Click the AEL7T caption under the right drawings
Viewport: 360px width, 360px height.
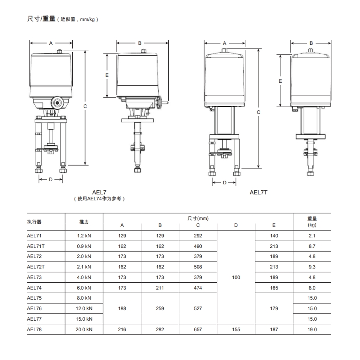tap(258, 193)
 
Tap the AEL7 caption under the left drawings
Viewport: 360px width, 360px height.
tap(99, 193)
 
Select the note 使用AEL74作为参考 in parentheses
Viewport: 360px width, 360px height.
tap(99, 199)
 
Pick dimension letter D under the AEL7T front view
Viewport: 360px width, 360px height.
tap(224, 183)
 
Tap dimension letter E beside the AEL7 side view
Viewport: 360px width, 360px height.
tap(106, 75)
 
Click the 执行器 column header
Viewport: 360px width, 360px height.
tap(34, 222)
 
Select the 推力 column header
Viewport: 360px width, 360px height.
tap(84, 222)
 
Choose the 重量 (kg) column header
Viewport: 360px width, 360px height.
tap(312, 222)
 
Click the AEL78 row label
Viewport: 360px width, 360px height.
tap(34, 329)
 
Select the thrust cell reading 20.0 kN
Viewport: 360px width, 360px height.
tap(84, 329)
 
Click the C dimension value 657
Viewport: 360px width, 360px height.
tap(198, 329)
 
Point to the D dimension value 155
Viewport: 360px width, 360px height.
tap(236, 329)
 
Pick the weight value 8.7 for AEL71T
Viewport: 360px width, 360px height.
tap(312, 246)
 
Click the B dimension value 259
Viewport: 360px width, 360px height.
tap(160, 309)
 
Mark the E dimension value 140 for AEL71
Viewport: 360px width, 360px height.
tap(274, 236)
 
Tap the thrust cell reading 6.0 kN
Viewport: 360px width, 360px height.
tap(84, 288)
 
